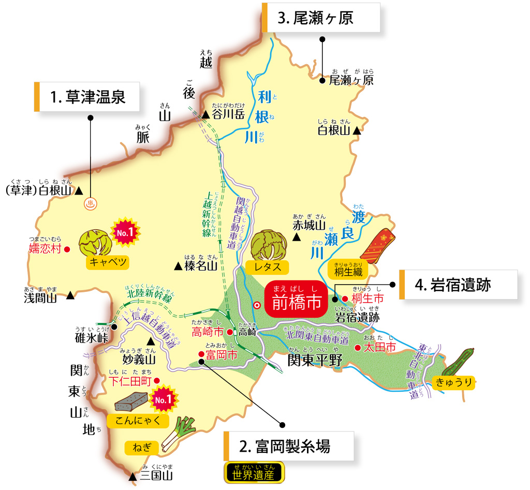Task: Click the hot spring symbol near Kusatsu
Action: coord(91,203)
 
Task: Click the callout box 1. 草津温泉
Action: coord(89,97)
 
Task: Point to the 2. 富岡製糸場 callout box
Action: coord(290,446)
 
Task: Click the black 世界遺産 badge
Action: coord(254,473)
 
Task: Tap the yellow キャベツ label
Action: coord(108,262)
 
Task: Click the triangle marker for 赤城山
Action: coord(297,236)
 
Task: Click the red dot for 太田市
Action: coord(357,348)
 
